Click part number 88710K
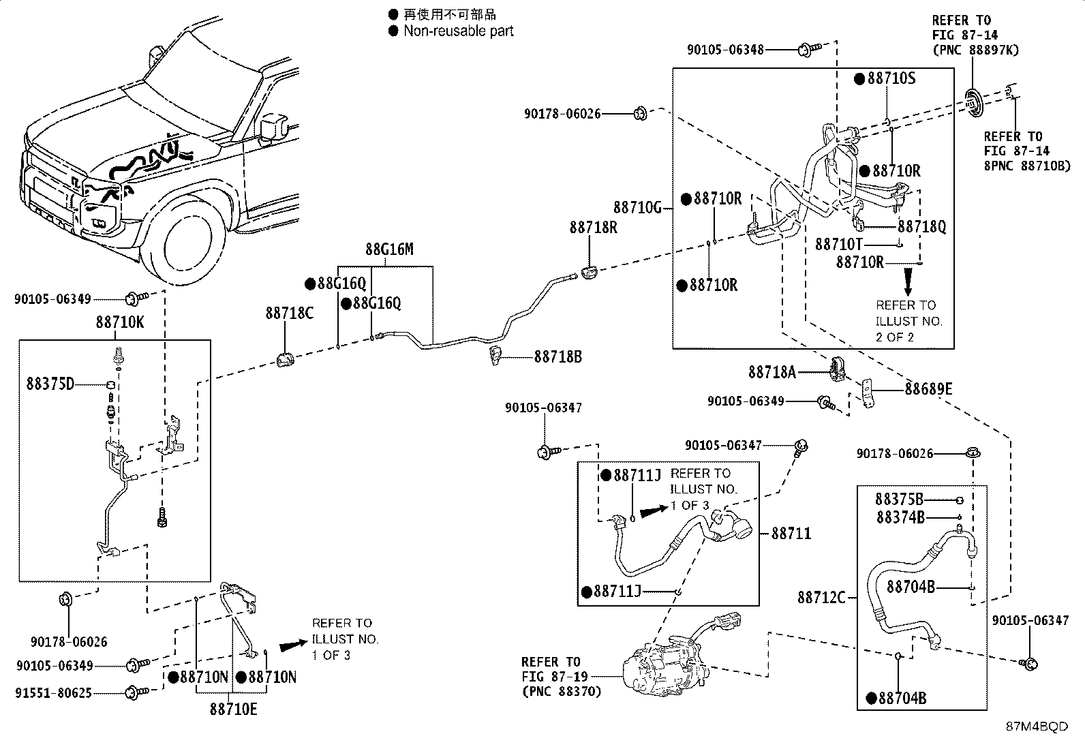click(x=120, y=323)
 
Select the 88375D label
click(x=50, y=384)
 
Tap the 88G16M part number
click(x=389, y=249)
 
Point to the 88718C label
click(x=290, y=313)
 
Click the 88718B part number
click(x=557, y=356)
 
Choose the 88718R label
click(x=594, y=227)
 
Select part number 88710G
click(x=637, y=207)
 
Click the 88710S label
click(x=891, y=78)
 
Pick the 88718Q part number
click(x=921, y=227)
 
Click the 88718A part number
click(x=772, y=372)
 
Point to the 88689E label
click(x=928, y=390)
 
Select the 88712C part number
click(x=821, y=598)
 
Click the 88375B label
click(x=899, y=500)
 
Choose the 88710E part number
click(x=234, y=709)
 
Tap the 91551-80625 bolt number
click(x=54, y=694)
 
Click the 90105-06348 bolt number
click(x=725, y=49)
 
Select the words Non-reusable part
click(x=458, y=31)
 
